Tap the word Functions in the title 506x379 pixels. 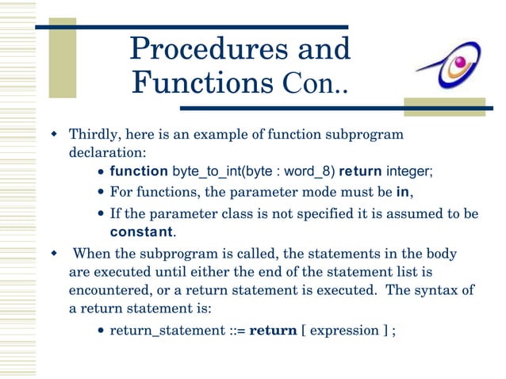coord(196,82)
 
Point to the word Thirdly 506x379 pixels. coord(94,135)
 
